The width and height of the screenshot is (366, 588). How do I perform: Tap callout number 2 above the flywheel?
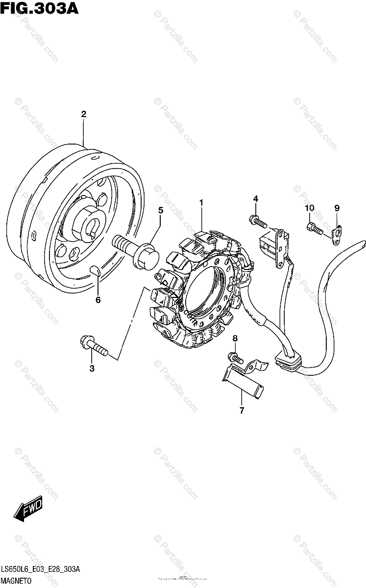[84, 114]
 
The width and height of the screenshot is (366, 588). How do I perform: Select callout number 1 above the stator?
[201, 202]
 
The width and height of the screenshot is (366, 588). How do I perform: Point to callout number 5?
[160, 210]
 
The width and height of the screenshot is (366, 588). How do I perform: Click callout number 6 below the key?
[98, 300]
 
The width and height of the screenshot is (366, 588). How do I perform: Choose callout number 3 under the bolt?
[92, 368]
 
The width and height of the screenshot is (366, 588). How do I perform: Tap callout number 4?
[255, 198]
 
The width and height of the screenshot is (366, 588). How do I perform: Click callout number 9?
[337, 208]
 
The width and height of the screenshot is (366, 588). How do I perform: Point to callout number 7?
[242, 411]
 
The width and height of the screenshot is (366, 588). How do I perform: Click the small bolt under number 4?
[258, 223]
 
